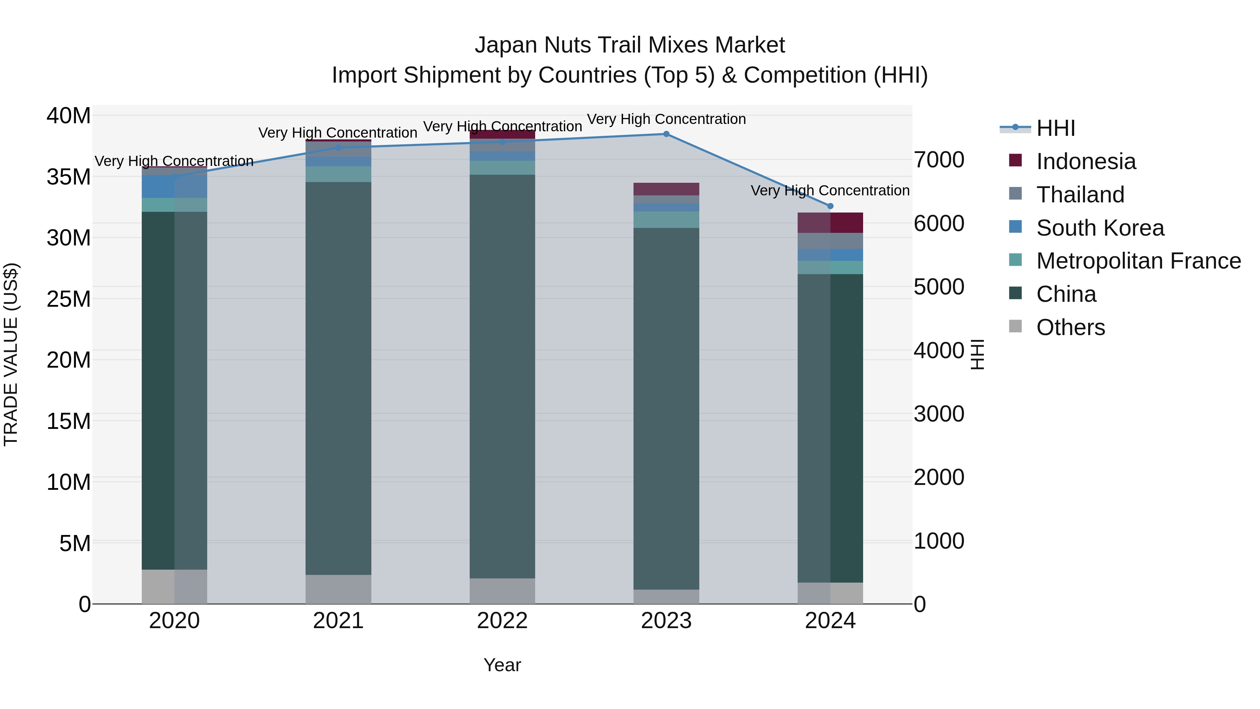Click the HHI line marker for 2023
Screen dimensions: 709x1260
(666, 134)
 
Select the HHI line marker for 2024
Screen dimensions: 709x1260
(830, 206)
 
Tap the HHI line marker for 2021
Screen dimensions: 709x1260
(338, 147)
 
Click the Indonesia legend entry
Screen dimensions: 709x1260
(1085, 161)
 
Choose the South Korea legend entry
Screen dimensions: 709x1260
(1100, 228)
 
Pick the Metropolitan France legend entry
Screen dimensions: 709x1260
(1138, 261)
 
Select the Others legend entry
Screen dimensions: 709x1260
(1070, 327)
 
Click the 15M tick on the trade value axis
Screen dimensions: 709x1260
(69, 421)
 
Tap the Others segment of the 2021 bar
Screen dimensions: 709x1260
(338, 589)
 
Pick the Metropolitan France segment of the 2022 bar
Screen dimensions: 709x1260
(502, 168)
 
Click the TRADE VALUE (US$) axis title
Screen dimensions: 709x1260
(11, 354)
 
